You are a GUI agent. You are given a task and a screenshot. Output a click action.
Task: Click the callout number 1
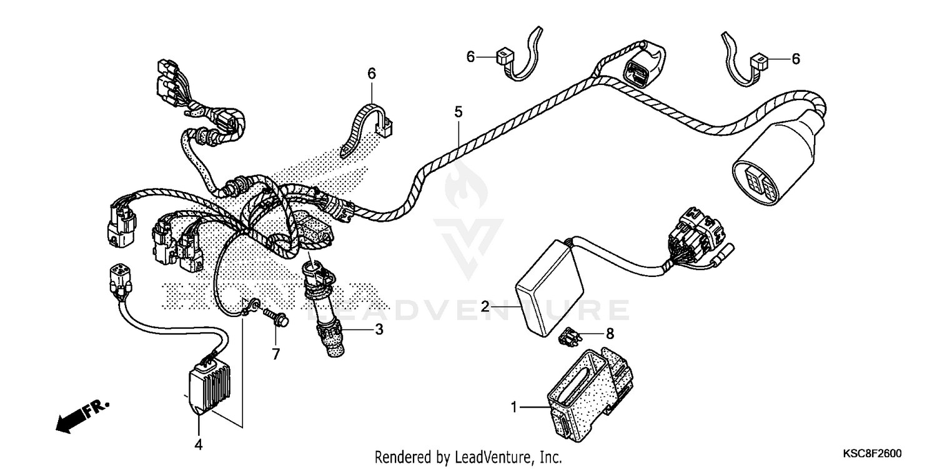[x=514, y=408]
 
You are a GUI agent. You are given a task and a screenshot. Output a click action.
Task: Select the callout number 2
[x=485, y=306]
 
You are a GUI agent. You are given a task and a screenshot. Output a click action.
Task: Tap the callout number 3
[x=379, y=330]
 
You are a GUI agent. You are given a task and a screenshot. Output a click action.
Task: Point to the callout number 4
[x=199, y=445]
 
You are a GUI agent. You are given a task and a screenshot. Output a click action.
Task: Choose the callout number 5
[x=459, y=113]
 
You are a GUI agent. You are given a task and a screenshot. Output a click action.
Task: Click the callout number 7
[x=275, y=355]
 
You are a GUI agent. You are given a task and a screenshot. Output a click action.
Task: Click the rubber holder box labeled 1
[x=587, y=394]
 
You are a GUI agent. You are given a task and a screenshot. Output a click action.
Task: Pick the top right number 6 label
[x=795, y=59]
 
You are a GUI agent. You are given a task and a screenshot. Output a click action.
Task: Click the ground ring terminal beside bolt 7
[x=253, y=306]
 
